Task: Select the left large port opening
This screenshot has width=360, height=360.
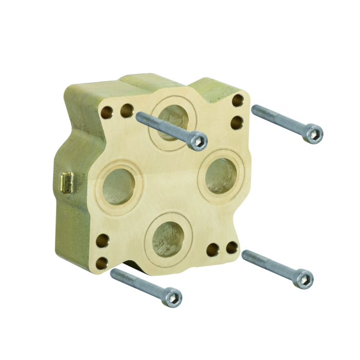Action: click(118, 185)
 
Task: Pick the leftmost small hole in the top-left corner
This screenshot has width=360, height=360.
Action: click(108, 111)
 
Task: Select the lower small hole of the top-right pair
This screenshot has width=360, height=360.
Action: click(237, 122)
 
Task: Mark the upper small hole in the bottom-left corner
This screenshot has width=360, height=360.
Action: click(102, 240)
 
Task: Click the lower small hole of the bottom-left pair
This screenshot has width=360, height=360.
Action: click(101, 262)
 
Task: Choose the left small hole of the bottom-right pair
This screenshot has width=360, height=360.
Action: click(212, 250)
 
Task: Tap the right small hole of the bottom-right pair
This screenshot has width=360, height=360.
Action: click(232, 247)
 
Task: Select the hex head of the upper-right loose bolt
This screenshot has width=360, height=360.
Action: click(314, 134)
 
